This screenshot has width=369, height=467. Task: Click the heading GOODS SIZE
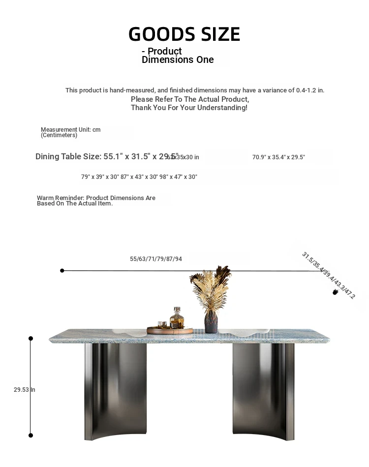coord(184,34)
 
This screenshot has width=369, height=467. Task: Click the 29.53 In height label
coord(24,390)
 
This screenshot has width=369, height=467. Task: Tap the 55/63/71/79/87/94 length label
coord(156,259)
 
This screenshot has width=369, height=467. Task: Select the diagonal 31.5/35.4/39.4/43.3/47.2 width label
coord(328,275)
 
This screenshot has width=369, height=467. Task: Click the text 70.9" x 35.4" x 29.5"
coord(278,157)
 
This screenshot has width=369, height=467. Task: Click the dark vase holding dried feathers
coord(211,322)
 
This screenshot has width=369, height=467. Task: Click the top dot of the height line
coord(31,338)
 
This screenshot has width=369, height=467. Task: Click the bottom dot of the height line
coord(31,435)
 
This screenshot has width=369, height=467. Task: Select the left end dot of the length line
coord(62,270)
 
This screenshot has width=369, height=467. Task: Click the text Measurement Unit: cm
coord(70,130)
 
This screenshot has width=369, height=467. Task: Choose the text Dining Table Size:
coord(68,157)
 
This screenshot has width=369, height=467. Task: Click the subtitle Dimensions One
coord(178,60)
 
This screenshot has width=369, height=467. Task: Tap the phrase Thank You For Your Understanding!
coord(189,108)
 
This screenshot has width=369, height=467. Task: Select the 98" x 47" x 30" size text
coord(178,177)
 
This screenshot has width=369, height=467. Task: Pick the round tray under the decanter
coord(170,331)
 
